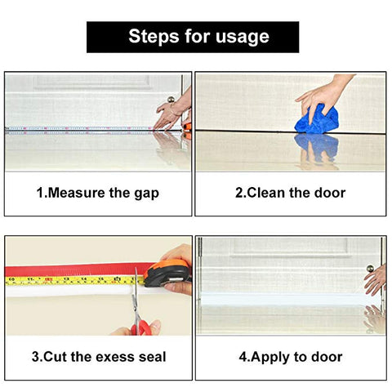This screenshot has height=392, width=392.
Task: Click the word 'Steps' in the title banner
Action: (154, 37)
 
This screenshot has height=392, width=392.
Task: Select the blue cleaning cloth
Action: (317, 120)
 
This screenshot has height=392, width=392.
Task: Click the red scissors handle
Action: (140, 327)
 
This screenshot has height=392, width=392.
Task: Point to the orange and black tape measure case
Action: (167, 273)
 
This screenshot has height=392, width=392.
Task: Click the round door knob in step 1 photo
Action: (171, 100)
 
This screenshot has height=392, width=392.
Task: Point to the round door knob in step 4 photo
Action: (370, 269)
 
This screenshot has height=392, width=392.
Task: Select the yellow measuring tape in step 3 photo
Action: (75, 280)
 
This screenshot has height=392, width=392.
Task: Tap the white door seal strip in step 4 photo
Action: (283, 300)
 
